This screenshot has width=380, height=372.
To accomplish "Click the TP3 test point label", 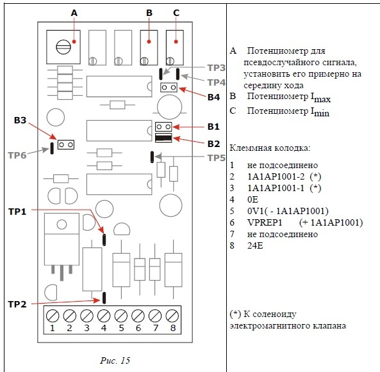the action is (x=217, y=68).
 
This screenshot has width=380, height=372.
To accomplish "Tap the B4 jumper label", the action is (x=214, y=97).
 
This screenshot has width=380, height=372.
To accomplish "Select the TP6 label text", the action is (x=17, y=155).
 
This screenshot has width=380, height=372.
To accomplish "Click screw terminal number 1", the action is (x=53, y=316).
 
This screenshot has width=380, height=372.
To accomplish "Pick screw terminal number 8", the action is (x=172, y=316).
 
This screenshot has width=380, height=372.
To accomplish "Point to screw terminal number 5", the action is (x=121, y=316).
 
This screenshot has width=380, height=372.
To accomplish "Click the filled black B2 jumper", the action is (x=163, y=138).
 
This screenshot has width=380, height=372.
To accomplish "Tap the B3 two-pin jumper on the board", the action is (x=66, y=145).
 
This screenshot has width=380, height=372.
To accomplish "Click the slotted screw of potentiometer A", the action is (x=63, y=47).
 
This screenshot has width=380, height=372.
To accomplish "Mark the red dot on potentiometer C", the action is (x=176, y=42).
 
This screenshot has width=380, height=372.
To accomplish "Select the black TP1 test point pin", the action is (x=104, y=240).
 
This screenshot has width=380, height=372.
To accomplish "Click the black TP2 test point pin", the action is (x=104, y=298).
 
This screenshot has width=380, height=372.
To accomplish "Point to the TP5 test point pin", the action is (x=152, y=157).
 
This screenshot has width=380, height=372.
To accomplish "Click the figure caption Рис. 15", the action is (x=115, y=360).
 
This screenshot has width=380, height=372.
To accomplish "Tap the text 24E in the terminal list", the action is (x=255, y=245).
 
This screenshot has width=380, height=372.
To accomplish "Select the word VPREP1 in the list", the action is (x=265, y=222).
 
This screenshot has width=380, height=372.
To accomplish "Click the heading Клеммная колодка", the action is (x=270, y=148).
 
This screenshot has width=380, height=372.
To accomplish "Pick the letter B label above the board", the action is (x=149, y=13).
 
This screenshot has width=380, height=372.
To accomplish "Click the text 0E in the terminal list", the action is (x=252, y=199).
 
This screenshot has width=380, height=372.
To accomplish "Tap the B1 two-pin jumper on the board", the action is (x=163, y=127).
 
